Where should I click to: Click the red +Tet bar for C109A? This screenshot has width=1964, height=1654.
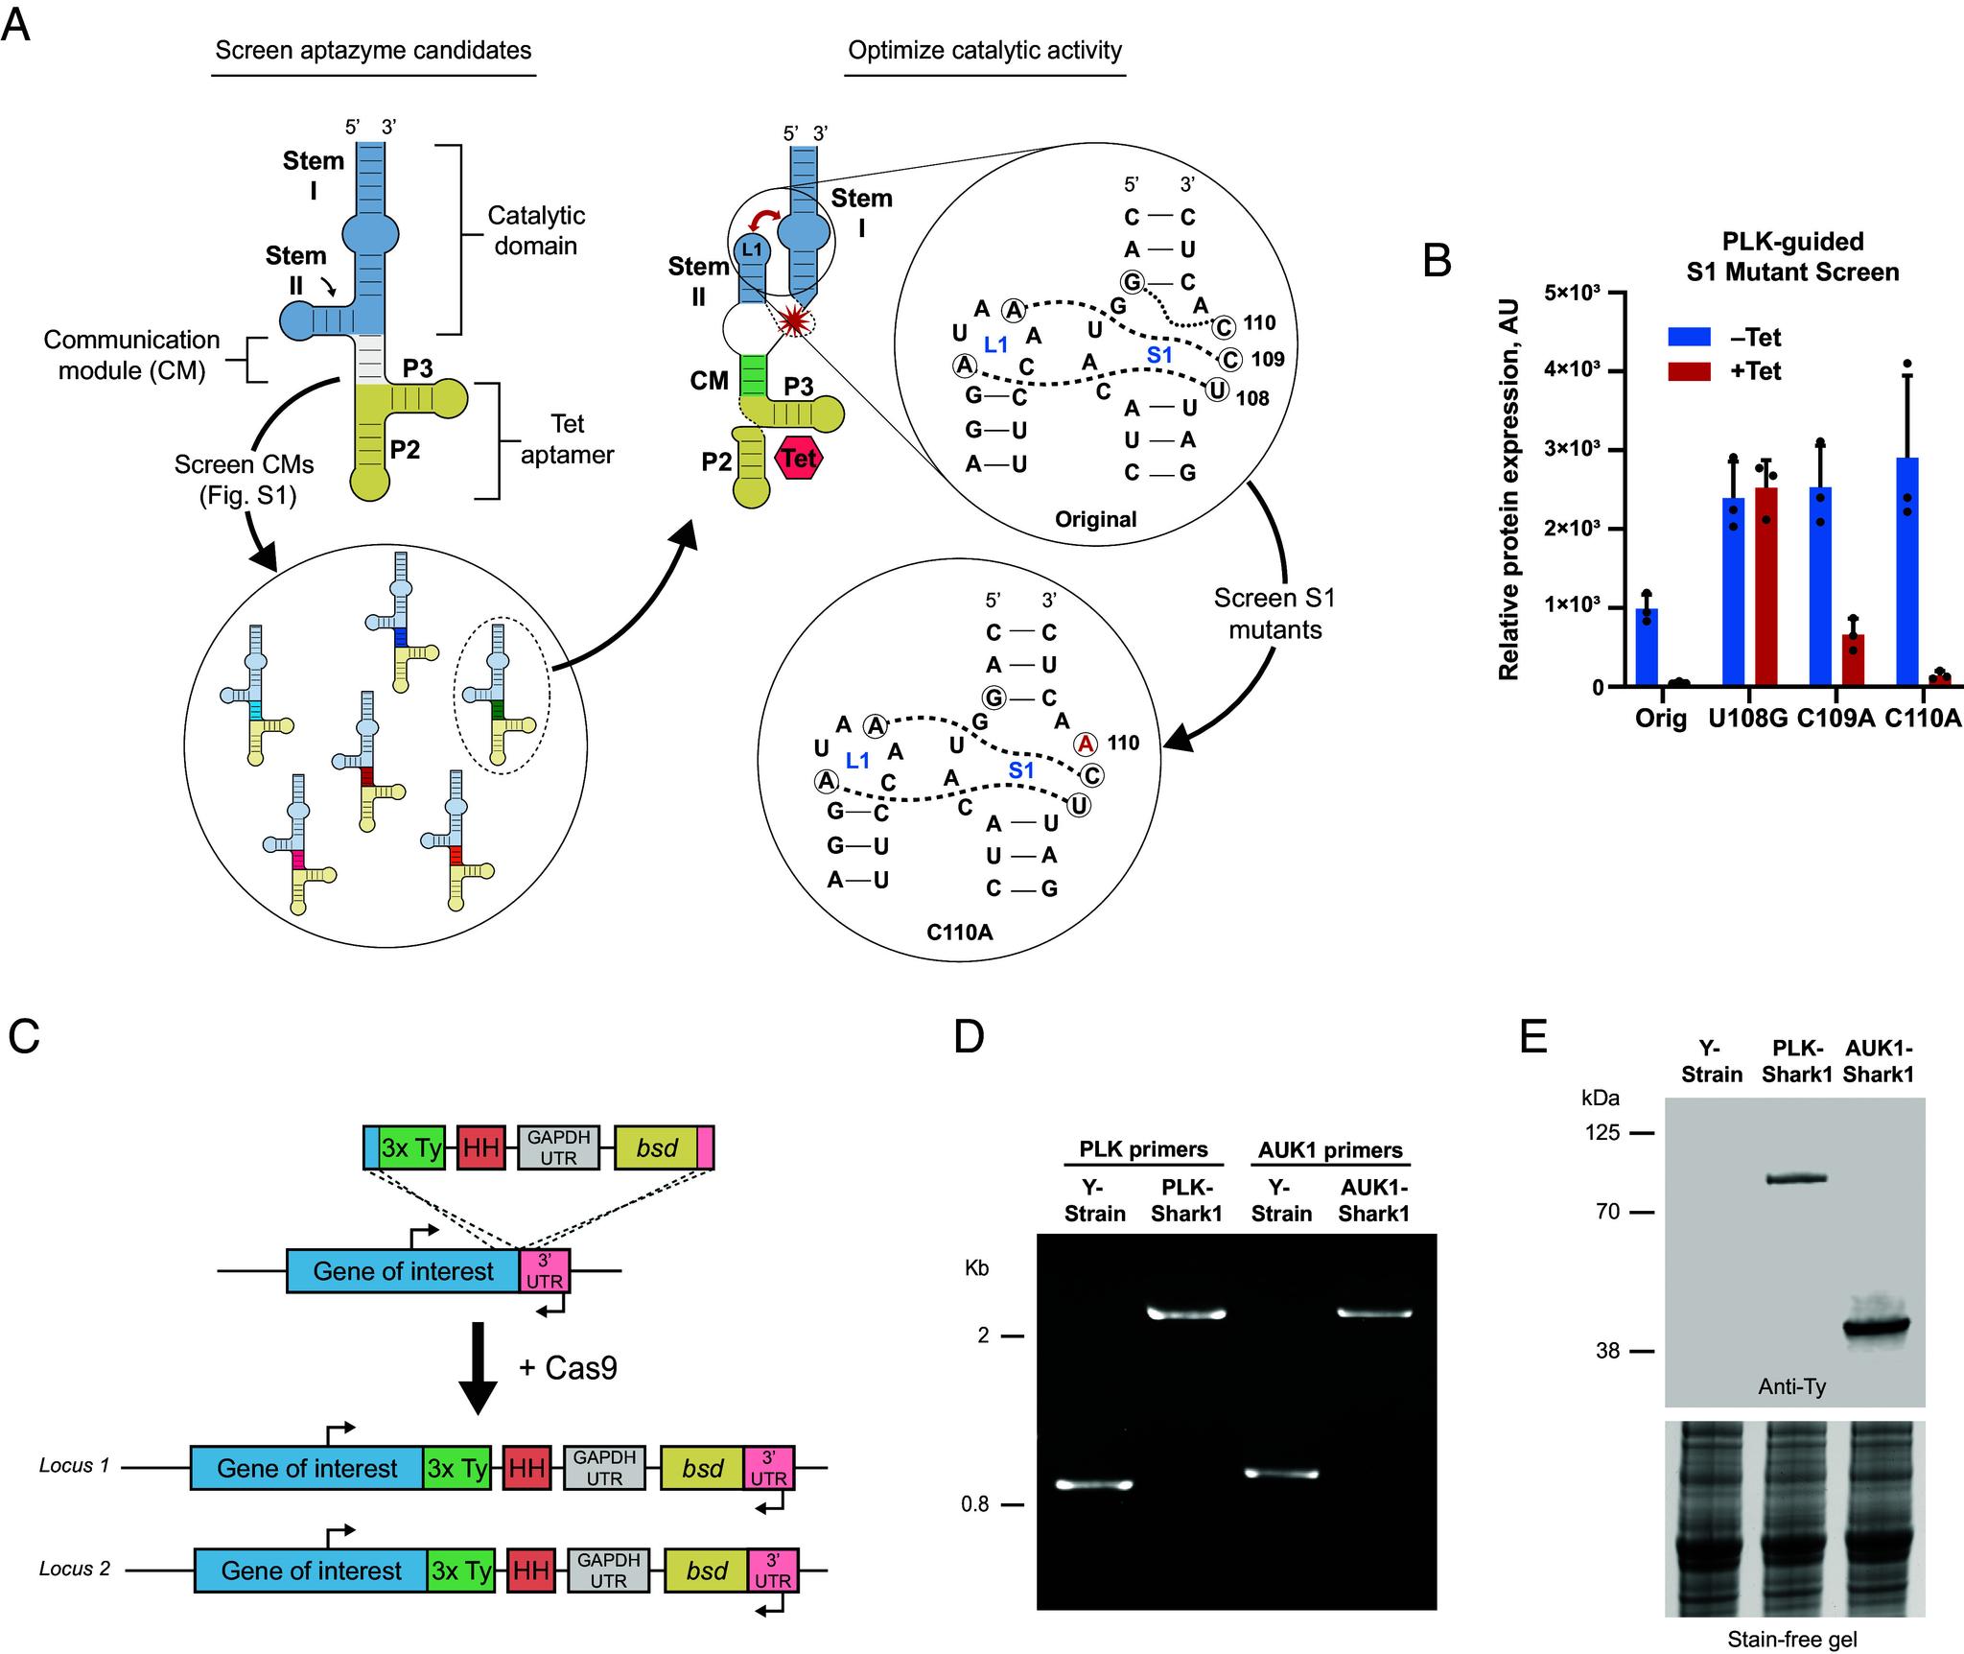coord(1852,659)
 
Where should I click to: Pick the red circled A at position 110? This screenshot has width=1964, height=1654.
coord(1085,744)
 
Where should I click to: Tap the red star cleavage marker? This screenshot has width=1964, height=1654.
coord(792,321)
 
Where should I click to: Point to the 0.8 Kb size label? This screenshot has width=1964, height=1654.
coord(974,1504)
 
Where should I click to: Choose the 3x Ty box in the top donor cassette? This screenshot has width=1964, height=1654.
coord(411,1148)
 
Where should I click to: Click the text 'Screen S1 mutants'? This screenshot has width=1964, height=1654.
coord(1274,613)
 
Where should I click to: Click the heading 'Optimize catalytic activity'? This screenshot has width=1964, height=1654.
coord(985,50)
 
